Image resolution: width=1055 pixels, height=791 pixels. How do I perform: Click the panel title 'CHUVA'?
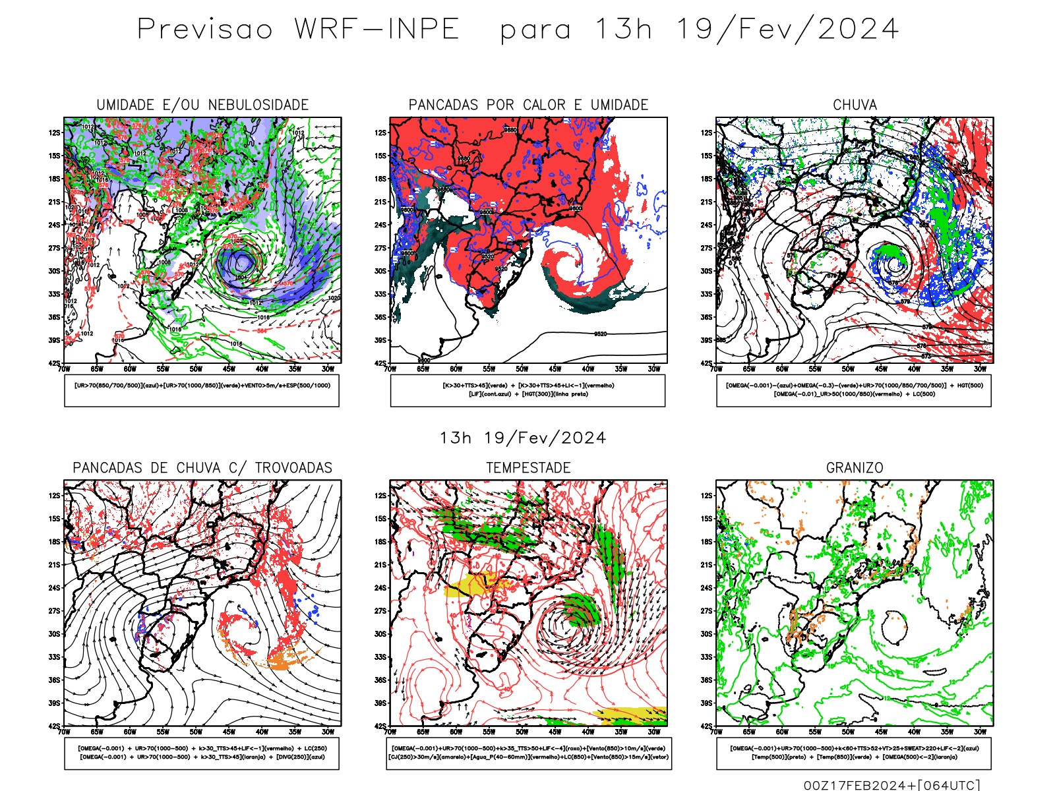coord(855,105)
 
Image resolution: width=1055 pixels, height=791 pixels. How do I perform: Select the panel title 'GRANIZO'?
coord(855,468)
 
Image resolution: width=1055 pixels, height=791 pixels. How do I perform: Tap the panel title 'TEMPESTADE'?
coord(528,468)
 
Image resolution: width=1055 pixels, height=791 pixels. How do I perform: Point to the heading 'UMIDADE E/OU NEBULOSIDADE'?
coord(202,105)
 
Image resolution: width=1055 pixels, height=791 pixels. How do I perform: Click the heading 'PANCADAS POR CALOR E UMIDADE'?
coord(528,105)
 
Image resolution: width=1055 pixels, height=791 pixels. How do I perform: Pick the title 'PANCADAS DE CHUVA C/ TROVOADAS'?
coord(202,468)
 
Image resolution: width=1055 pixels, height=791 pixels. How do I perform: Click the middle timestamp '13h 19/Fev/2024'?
coord(523,438)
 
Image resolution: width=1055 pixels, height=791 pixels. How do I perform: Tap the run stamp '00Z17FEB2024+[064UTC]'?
coord(891,784)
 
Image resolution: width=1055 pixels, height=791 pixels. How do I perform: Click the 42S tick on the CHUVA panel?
coord(706,363)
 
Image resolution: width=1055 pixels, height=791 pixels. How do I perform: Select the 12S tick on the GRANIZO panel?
coord(706,496)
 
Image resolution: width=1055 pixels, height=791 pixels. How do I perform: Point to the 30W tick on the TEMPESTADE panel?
coord(653,732)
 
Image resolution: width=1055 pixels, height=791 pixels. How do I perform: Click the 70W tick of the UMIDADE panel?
coord(64,369)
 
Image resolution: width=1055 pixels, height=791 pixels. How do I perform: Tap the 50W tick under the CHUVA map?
coord(848,369)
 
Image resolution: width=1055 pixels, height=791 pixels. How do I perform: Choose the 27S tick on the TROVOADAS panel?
coord(54,611)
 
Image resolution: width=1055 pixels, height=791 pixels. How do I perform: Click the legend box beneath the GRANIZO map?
coord(854,753)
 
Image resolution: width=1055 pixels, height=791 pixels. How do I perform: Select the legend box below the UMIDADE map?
coord(202,390)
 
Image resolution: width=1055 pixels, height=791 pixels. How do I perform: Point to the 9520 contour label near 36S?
coord(600,334)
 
